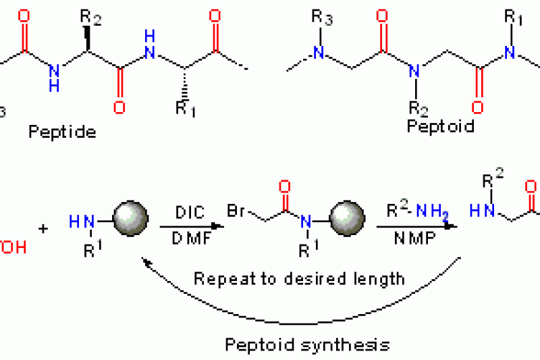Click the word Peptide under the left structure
62,132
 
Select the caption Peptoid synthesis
307,344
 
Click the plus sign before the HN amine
44,228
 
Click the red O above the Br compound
283,186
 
